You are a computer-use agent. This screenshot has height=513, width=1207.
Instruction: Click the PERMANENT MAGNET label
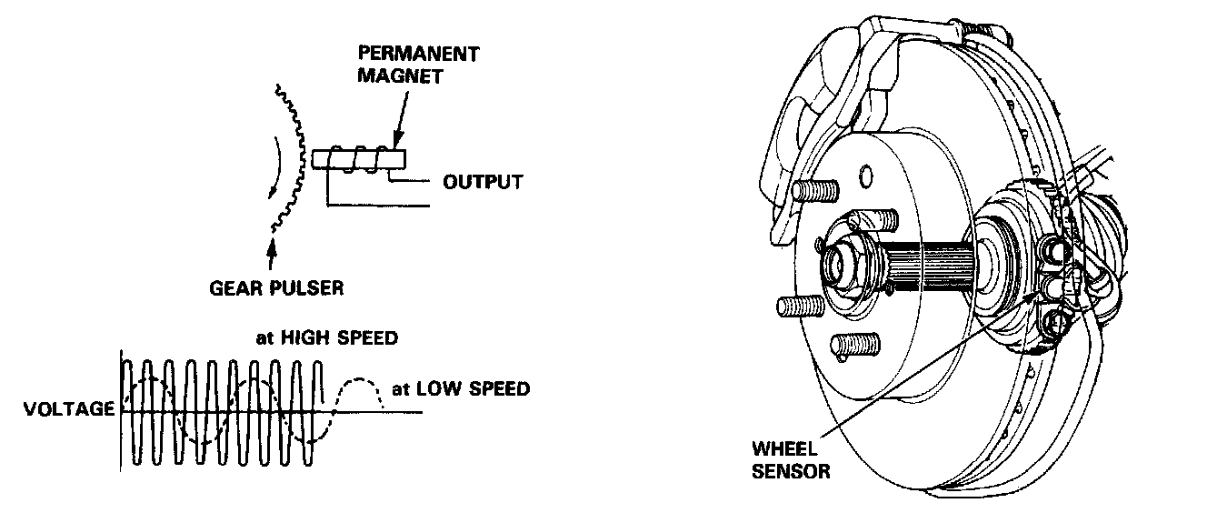coord(417,65)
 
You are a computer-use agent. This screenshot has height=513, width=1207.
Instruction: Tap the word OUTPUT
coord(483,182)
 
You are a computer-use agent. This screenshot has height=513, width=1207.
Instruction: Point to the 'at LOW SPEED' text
coord(460,389)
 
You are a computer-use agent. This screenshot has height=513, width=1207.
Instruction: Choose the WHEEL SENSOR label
coord(790,460)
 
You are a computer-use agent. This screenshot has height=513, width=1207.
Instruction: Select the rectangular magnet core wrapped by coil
coord(357,159)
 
